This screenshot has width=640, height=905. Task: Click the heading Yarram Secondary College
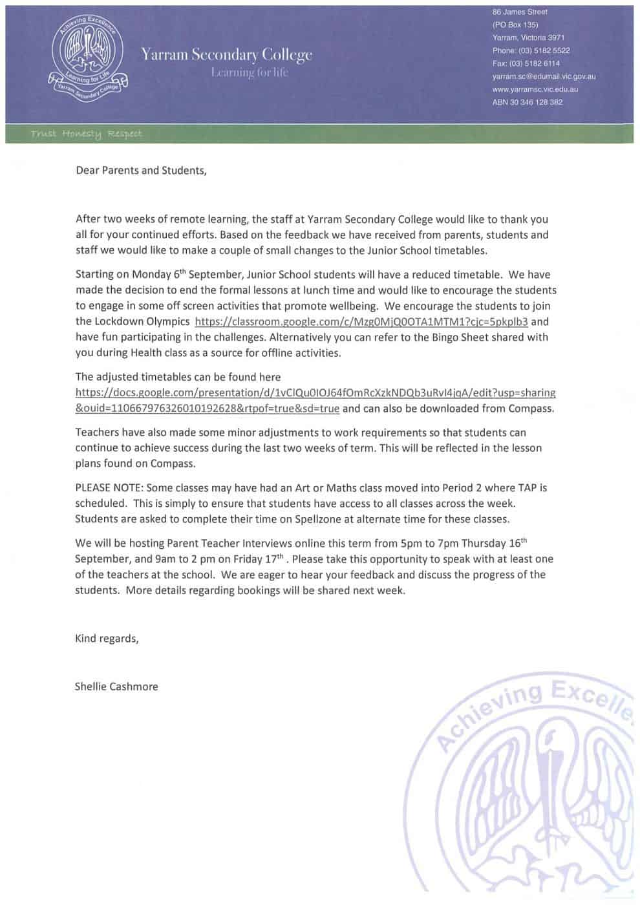(226, 55)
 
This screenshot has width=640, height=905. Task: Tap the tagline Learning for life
(250, 72)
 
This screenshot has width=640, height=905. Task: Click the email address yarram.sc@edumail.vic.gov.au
(544, 76)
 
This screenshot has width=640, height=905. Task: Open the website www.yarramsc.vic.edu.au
(535, 89)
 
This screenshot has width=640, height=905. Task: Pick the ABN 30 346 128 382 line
(528, 102)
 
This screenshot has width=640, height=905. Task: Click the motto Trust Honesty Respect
(86, 134)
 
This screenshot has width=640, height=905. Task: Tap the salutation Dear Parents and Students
(141, 171)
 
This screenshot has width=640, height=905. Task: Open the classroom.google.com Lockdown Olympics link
(361, 321)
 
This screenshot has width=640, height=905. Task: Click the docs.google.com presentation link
(315, 392)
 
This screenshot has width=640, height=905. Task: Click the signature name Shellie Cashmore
(116, 687)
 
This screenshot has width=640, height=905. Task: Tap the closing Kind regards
(107, 639)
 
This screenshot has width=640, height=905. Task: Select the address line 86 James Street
(520, 12)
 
